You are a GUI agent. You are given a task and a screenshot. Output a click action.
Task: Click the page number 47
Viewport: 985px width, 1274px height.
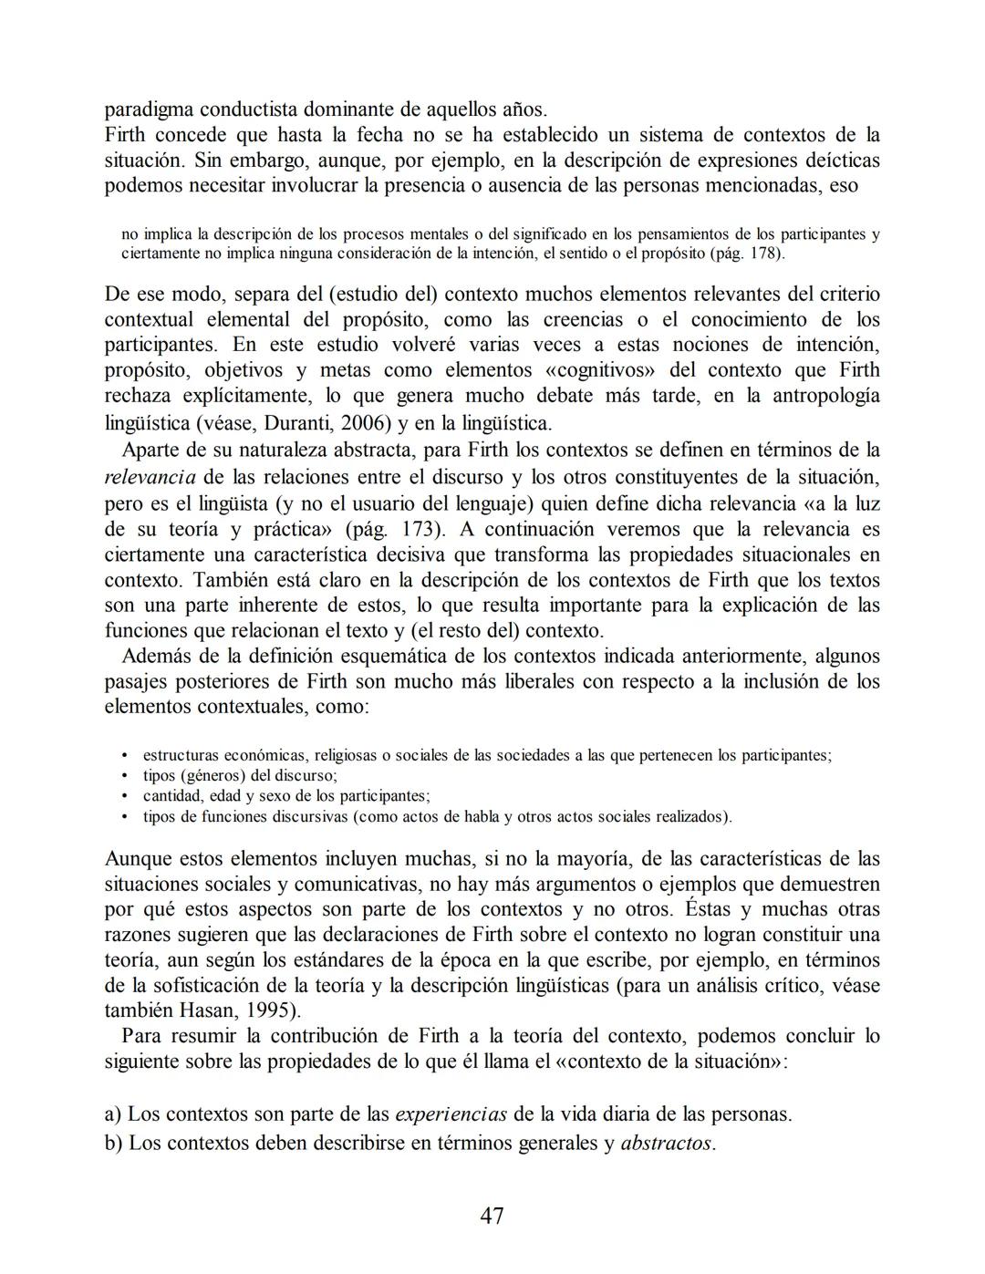[492, 1216]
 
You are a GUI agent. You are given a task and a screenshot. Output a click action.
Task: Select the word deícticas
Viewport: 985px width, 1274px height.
[836, 161]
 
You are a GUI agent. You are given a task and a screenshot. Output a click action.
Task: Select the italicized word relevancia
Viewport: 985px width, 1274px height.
[150, 477]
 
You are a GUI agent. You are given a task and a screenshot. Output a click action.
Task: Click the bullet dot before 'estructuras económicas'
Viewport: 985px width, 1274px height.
[125, 756]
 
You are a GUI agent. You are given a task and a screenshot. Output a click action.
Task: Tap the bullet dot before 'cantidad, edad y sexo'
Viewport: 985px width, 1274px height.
[125, 796]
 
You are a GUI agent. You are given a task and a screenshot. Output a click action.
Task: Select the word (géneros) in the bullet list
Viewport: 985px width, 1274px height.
[214, 776]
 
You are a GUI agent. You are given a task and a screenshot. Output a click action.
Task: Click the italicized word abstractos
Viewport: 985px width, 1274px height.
[666, 1144]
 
